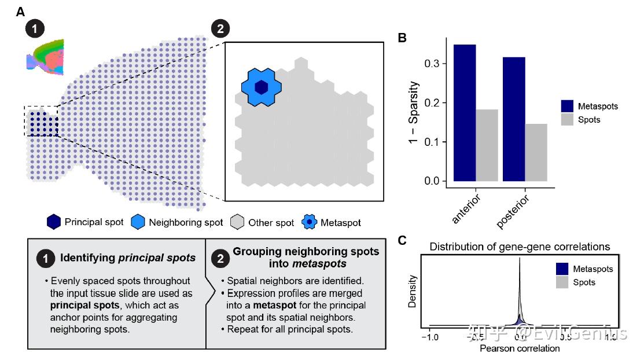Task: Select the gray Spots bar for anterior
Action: click(487, 145)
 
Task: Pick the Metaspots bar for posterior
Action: click(514, 119)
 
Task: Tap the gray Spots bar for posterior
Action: click(536, 152)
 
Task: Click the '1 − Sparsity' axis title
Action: click(414, 115)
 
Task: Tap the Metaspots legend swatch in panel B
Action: click(568, 106)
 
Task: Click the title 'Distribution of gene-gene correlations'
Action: click(520, 247)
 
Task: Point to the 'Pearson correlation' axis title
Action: click(520, 348)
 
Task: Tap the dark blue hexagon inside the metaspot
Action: click(262, 87)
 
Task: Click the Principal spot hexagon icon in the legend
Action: click(54, 222)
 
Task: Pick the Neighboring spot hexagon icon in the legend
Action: click(138, 222)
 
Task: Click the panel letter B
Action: click(402, 38)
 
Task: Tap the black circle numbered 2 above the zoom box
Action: click(220, 28)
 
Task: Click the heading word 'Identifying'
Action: click(85, 258)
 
